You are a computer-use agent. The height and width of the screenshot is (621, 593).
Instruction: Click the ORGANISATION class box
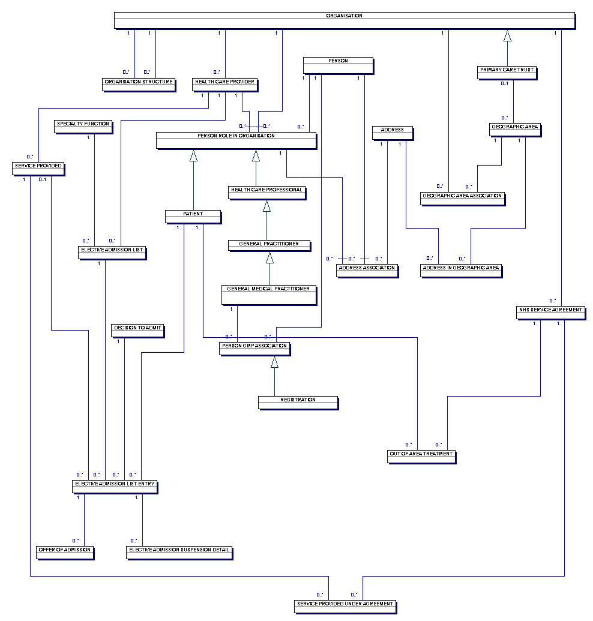345,20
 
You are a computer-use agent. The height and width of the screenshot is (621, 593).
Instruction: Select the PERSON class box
339,66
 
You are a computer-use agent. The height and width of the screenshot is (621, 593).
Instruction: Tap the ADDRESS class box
393,133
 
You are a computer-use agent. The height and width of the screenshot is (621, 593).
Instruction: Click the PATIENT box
193,217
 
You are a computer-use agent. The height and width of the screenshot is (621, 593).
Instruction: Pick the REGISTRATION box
298,403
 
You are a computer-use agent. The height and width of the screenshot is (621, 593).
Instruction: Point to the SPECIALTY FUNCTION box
83,127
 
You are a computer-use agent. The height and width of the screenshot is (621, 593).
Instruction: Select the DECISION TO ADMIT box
138,331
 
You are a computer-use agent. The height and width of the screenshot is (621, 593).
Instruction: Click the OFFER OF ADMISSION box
65,553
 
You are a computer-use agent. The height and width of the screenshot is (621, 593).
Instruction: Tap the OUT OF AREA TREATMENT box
421,457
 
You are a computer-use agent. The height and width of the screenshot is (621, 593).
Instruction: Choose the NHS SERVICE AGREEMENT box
551,313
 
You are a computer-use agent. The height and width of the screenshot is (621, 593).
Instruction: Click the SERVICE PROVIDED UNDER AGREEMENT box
346,607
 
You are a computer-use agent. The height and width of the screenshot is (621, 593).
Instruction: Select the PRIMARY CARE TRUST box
507,73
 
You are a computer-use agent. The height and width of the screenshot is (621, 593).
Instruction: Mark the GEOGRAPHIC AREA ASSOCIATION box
463,199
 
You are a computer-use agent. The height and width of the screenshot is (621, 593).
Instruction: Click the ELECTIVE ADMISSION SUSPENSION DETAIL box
179,553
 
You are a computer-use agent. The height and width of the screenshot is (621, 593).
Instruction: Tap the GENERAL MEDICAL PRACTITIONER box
269,295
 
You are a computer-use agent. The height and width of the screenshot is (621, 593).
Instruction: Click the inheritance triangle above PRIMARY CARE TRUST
507,35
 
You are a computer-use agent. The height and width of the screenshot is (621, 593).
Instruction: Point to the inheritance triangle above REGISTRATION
274,362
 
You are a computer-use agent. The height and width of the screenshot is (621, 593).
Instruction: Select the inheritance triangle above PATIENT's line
193,155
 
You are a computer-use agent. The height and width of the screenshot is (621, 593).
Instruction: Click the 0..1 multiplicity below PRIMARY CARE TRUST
505,83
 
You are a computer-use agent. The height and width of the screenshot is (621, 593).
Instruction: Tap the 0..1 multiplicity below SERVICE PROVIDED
43,179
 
